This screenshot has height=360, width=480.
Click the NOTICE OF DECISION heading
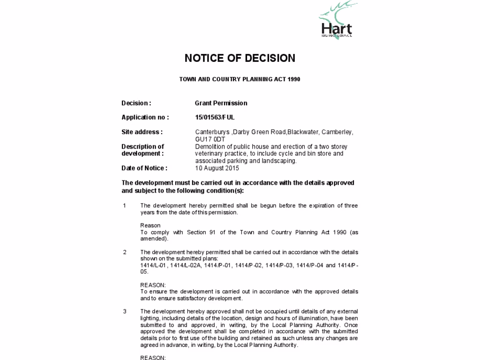click(240, 58)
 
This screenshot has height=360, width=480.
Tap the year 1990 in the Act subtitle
click(294, 79)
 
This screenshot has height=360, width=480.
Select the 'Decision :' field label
click(136, 103)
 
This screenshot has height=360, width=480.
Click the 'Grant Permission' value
click(221, 103)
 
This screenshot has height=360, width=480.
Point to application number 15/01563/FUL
click(215, 117)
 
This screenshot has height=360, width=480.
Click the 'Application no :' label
click(145, 117)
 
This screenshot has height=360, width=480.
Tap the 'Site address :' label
click(142, 132)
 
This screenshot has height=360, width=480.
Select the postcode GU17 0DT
click(210, 139)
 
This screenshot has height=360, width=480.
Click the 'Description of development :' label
click(142, 150)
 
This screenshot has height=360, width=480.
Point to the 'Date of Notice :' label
click(144, 168)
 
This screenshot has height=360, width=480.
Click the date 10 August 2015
click(217, 168)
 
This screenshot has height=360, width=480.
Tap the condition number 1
click(125, 206)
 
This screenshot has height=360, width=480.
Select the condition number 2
click(125, 252)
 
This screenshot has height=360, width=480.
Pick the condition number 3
click(125, 311)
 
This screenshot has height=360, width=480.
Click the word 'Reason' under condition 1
click(150, 225)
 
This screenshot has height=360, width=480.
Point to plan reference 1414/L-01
click(153, 265)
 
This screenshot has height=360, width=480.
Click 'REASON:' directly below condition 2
click(153, 285)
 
